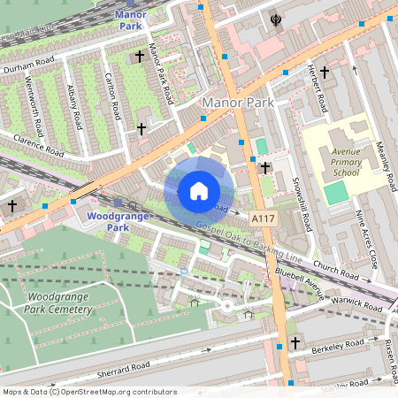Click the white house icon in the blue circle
click(199, 191)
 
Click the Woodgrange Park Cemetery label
click(59, 302)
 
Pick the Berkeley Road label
click(340, 345)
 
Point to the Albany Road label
click(76, 104)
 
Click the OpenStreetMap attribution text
click(88, 392)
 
